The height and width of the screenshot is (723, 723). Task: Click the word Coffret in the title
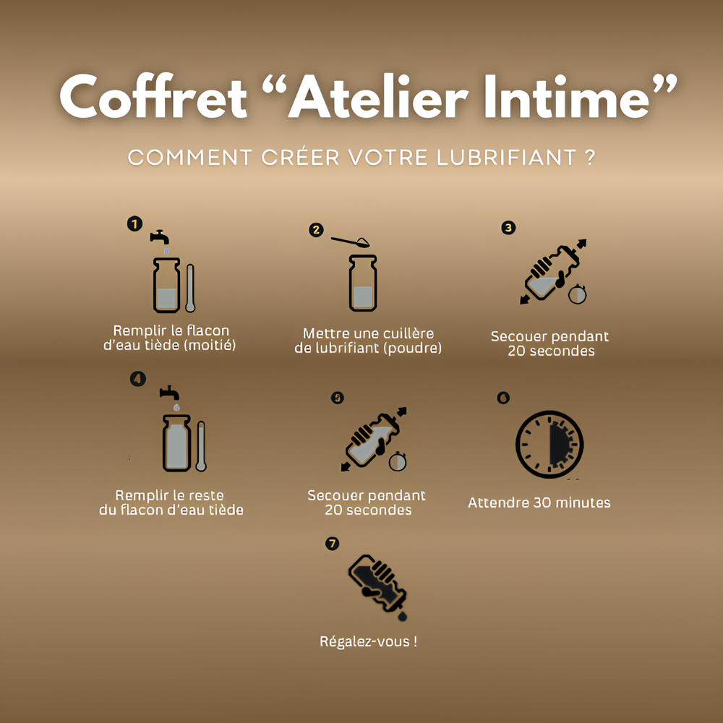[153, 97]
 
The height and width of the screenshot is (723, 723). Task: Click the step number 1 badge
[134, 224]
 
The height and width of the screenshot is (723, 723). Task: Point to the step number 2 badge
[316, 230]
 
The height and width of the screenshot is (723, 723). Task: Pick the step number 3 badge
[508, 227]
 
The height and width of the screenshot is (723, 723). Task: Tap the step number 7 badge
[332, 544]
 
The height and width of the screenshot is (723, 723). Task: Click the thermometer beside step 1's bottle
[190, 288]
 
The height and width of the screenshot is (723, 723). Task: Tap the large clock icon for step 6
[549, 444]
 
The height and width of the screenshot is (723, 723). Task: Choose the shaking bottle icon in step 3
[551, 273]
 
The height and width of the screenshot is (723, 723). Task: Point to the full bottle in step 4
[176, 442]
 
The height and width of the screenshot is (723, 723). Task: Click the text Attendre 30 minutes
[539, 502]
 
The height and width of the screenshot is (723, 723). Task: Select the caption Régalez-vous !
[368, 641]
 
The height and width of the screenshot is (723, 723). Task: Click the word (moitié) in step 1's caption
[210, 346]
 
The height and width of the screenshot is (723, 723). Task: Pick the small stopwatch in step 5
[397, 461]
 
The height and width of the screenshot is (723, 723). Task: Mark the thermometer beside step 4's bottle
[200, 445]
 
